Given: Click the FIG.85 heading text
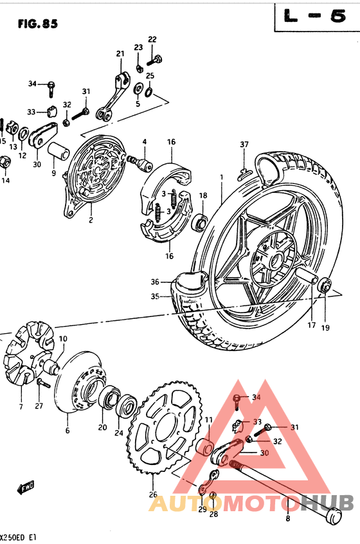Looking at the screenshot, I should [38, 24].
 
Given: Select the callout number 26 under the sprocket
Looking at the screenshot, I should [152, 494].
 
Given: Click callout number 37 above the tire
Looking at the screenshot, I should [244, 143].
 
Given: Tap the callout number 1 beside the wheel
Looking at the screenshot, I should [221, 176].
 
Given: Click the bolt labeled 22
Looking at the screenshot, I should [155, 62].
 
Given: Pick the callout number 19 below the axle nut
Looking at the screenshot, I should [325, 327].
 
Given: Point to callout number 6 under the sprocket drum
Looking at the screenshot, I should [67, 431].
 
